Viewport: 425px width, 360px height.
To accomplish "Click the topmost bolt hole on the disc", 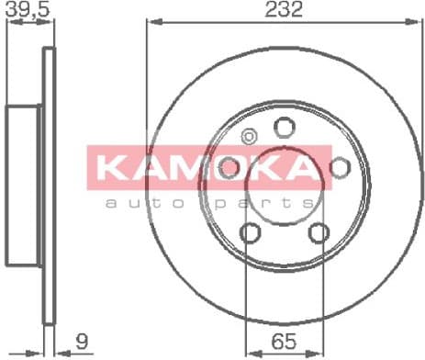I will [x=285, y=127].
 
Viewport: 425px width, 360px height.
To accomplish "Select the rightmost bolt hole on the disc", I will [x=341, y=166].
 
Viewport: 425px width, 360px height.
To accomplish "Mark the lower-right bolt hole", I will [x=319, y=232].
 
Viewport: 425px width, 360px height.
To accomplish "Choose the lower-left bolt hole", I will [x=250, y=232].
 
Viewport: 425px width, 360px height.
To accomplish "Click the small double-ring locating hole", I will [x=247, y=137].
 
